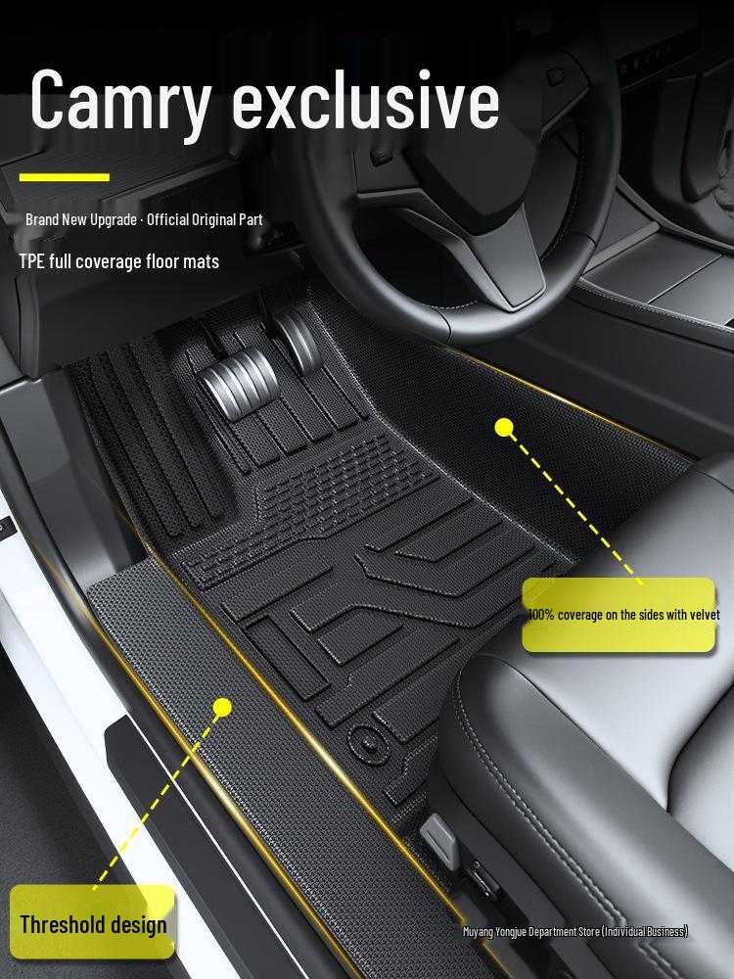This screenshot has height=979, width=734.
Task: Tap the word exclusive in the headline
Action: coord(366,99)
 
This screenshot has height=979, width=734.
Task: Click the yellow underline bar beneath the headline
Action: coord(65,177)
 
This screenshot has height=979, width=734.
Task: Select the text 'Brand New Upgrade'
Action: coord(81,219)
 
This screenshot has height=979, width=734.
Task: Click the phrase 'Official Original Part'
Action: coord(205,219)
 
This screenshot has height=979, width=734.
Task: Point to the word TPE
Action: coord(31,261)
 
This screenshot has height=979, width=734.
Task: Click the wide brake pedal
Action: coord(238,382)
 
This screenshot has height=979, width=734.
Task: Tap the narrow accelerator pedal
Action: coord(298,341)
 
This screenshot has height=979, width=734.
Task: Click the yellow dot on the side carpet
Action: coord(504,428)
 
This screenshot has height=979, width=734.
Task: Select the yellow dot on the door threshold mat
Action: coord(222,708)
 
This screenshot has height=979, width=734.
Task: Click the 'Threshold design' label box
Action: coord(92,921)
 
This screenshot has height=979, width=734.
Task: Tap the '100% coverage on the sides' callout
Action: coord(619,615)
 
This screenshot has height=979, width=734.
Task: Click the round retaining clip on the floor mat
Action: coord(368,744)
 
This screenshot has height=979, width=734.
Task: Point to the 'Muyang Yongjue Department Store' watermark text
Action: coord(574,932)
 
